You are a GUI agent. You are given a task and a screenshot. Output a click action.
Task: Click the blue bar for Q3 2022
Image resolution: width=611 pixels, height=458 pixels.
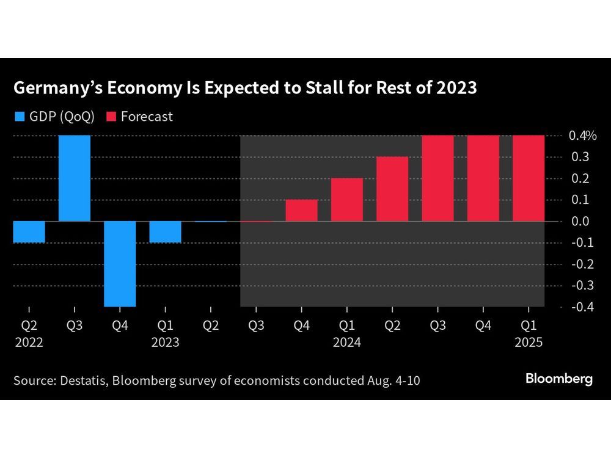point(75,178)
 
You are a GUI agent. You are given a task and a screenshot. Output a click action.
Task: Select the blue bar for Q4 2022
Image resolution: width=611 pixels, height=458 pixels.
point(120,263)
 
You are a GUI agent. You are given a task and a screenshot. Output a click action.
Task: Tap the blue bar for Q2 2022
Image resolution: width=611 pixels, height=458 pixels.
point(29,231)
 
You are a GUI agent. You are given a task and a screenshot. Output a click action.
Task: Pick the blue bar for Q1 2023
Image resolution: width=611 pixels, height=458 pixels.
point(165,231)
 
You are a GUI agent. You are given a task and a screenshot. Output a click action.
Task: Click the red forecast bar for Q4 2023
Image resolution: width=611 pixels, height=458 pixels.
point(301,210)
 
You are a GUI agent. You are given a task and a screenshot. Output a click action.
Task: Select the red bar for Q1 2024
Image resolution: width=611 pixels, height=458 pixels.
point(346,199)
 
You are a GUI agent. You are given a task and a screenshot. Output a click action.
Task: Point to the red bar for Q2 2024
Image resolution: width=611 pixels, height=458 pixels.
point(392,189)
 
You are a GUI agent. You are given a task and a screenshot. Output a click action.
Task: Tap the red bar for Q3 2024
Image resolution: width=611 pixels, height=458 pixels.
point(437,178)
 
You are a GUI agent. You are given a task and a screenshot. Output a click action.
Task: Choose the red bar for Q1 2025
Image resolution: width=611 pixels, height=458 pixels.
point(528,178)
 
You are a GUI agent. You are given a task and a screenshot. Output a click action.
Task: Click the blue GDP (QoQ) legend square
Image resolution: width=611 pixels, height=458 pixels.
point(18,117)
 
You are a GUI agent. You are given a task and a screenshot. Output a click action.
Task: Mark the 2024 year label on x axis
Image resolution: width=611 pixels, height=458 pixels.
point(346,342)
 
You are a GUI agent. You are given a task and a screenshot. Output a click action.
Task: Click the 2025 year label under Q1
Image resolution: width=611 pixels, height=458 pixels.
point(528,342)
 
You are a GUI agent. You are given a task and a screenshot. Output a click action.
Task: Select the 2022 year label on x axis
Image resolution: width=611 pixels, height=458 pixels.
point(29,342)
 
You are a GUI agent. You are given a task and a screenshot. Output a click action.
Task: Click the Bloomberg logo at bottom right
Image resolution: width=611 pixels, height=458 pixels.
point(559,379)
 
